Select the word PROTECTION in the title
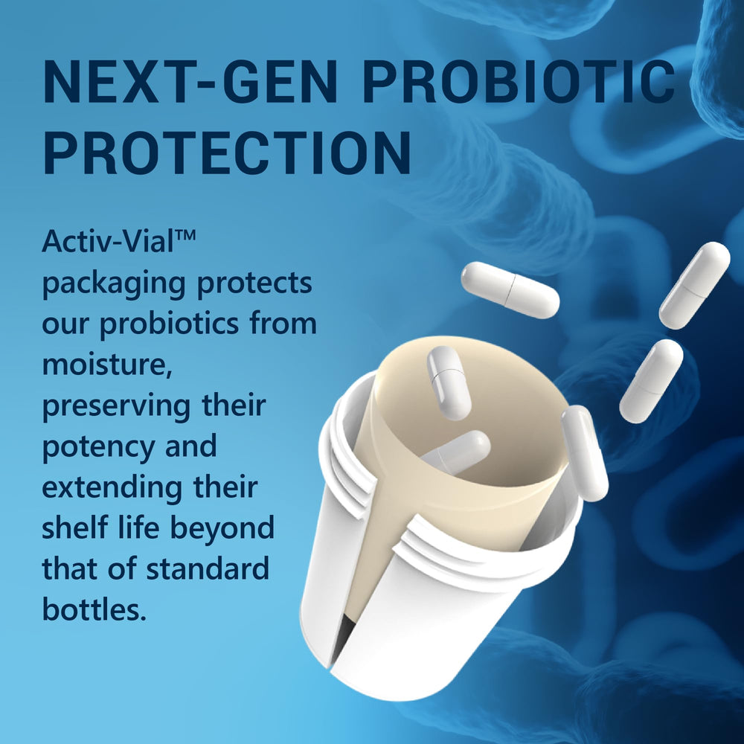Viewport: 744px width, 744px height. tap(227, 153)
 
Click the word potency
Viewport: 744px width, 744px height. tap(97, 448)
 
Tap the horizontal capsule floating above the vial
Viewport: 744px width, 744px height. tap(510, 289)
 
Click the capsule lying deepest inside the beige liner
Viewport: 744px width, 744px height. tap(455, 452)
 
